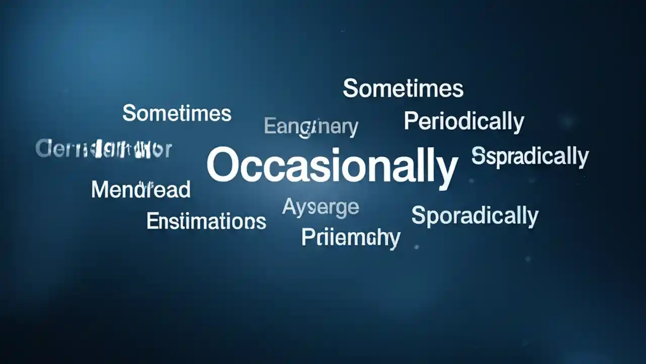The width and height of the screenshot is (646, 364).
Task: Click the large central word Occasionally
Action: [x=332, y=166]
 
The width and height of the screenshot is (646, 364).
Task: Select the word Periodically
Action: [x=464, y=122]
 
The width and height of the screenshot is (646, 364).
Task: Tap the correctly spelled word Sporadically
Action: [x=475, y=216]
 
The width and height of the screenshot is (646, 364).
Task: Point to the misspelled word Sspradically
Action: [x=530, y=156]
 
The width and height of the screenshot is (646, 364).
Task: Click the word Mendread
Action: [x=141, y=190]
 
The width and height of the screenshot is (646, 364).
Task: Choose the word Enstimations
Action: [x=206, y=221]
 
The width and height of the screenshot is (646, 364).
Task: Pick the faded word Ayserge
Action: [x=320, y=207]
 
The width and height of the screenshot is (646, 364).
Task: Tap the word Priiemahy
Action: [x=351, y=238]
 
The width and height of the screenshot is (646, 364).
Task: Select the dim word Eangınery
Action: [x=311, y=126]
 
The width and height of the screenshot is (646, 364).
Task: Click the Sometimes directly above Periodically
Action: [x=403, y=88]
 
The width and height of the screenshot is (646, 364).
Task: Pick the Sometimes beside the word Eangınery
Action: [x=177, y=113]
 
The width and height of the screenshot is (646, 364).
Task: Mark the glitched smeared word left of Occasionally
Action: [x=104, y=149]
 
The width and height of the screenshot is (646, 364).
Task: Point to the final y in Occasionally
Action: [x=447, y=171]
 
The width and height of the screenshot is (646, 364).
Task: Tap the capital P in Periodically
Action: [x=411, y=121]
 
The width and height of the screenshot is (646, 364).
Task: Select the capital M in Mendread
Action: [x=99, y=190]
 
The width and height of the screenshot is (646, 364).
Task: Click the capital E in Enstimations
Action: [x=151, y=221]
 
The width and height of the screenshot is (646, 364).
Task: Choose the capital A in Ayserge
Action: [x=289, y=206]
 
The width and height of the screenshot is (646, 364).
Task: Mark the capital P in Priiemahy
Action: [x=307, y=237]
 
